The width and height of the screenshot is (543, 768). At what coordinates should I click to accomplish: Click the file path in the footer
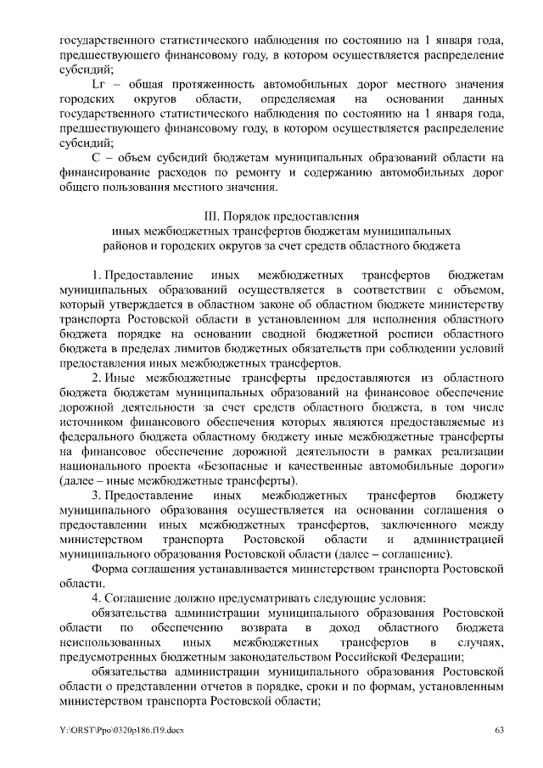tap(122, 731)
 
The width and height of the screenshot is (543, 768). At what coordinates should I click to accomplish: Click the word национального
tap(105, 467)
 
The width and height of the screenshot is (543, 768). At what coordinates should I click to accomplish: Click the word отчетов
tap(229, 685)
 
